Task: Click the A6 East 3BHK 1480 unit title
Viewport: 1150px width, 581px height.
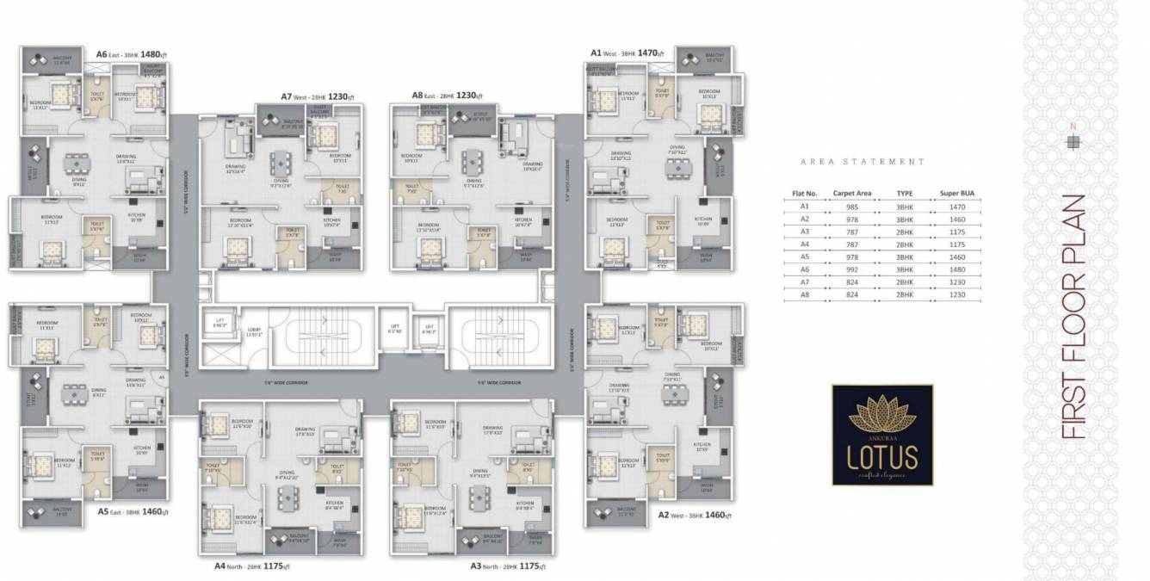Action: click(131, 54)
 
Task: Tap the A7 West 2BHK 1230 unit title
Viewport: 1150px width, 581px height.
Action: click(319, 96)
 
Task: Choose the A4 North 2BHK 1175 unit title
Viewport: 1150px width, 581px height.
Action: click(252, 566)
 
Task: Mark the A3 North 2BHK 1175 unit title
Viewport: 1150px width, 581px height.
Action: click(508, 566)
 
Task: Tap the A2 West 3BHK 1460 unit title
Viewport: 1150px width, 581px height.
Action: click(695, 515)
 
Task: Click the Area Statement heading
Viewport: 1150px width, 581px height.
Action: click(862, 161)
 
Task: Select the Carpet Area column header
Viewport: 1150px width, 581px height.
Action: click(853, 194)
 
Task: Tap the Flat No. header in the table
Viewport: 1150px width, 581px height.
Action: click(804, 194)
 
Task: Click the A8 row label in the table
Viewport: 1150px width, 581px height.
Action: click(804, 294)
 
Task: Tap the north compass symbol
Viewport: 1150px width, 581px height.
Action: click(1072, 142)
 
